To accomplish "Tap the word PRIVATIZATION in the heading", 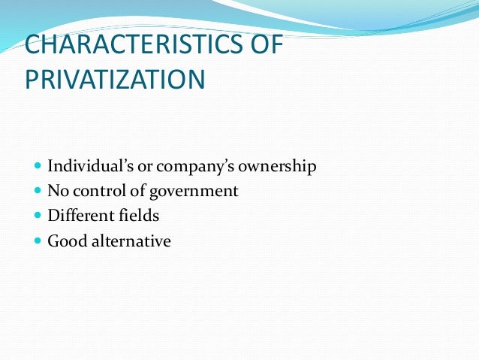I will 114,79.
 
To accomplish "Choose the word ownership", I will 278,166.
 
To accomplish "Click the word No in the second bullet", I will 58,191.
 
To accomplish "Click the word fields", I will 139,216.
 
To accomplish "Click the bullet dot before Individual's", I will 38,166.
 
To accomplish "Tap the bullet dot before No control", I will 38,191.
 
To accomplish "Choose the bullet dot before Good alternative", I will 38,241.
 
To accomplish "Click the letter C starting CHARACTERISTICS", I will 33,46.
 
